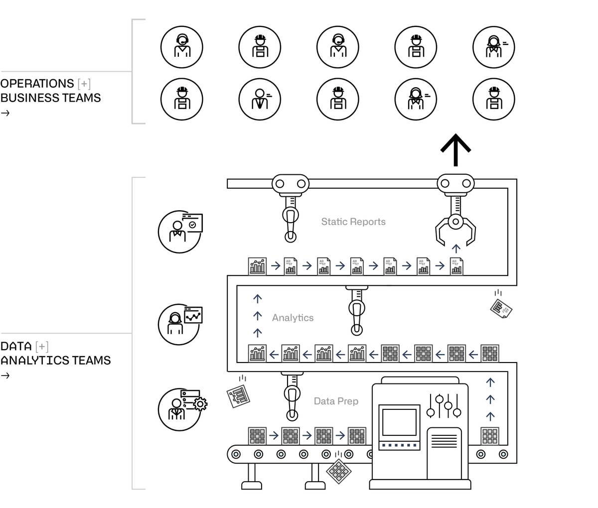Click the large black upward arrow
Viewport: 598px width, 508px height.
click(x=455, y=149)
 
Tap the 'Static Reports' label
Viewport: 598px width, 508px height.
click(x=353, y=222)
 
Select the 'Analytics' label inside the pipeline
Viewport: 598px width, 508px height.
click(x=293, y=318)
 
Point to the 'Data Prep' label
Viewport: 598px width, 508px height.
click(x=336, y=401)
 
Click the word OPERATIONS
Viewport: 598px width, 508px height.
click(x=37, y=84)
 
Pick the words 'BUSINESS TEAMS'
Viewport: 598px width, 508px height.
click(x=50, y=98)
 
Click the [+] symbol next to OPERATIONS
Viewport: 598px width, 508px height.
click(x=84, y=84)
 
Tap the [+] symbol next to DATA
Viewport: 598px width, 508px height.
click(x=42, y=346)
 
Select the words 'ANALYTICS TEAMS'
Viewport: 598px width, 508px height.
click(x=55, y=360)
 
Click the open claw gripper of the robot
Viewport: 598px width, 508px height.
click(x=455, y=229)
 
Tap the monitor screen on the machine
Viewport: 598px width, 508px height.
click(x=399, y=422)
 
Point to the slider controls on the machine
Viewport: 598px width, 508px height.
click(x=444, y=406)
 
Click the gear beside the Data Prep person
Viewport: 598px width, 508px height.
click(x=200, y=403)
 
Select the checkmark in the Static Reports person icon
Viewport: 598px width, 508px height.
click(x=192, y=225)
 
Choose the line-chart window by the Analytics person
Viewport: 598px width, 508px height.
click(x=193, y=315)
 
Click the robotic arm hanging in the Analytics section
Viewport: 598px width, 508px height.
click(x=356, y=311)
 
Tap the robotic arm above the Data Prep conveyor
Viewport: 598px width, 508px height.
click(x=292, y=396)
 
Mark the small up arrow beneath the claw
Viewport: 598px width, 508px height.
click(x=455, y=249)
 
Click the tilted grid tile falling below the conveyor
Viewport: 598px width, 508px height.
click(x=338, y=470)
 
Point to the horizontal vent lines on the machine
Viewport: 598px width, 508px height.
click(x=444, y=440)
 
